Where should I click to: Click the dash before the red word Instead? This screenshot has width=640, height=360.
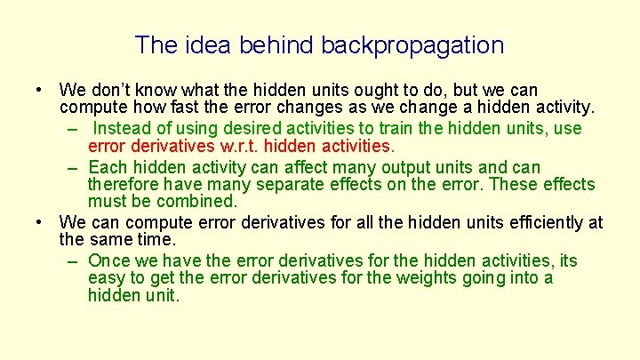tap(72, 129)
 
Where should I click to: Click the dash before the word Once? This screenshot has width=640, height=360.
tap(72, 261)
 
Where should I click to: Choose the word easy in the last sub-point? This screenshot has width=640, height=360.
tap(106, 278)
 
